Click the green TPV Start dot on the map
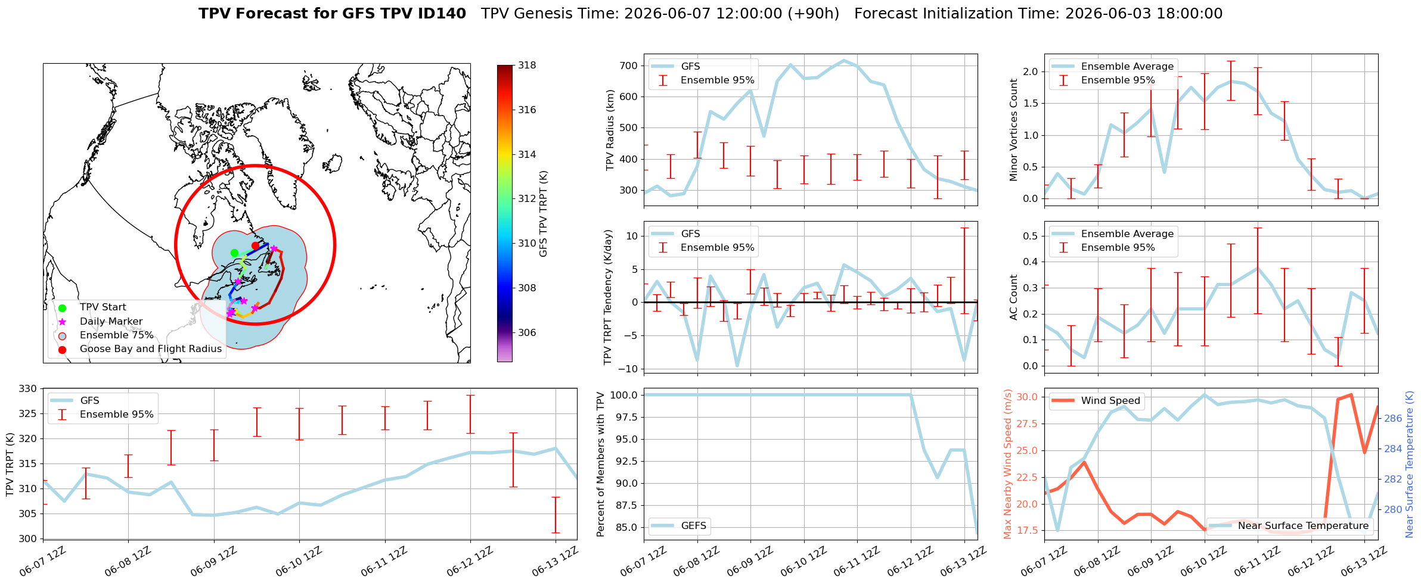pyautogui.click(x=234, y=253)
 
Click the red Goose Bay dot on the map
pyautogui.click(x=255, y=245)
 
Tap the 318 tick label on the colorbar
pyautogui.click(x=527, y=66)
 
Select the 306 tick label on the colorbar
pyautogui.click(x=527, y=332)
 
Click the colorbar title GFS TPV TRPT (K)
pyautogui.click(x=543, y=214)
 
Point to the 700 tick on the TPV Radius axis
pyautogui.click(x=629, y=66)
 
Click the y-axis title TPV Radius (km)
pyautogui.click(x=610, y=130)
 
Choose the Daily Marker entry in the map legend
pyautogui.click(x=111, y=322)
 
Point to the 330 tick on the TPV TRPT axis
pyautogui.click(x=28, y=388)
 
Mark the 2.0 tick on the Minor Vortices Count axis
pyautogui.click(x=1031, y=71)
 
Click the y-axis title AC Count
pyautogui.click(x=1014, y=297)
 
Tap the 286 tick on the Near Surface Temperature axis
pyautogui.click(x=1393, y=418)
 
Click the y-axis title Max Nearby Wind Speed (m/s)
pyautogui.click(x=1008, y=464)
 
